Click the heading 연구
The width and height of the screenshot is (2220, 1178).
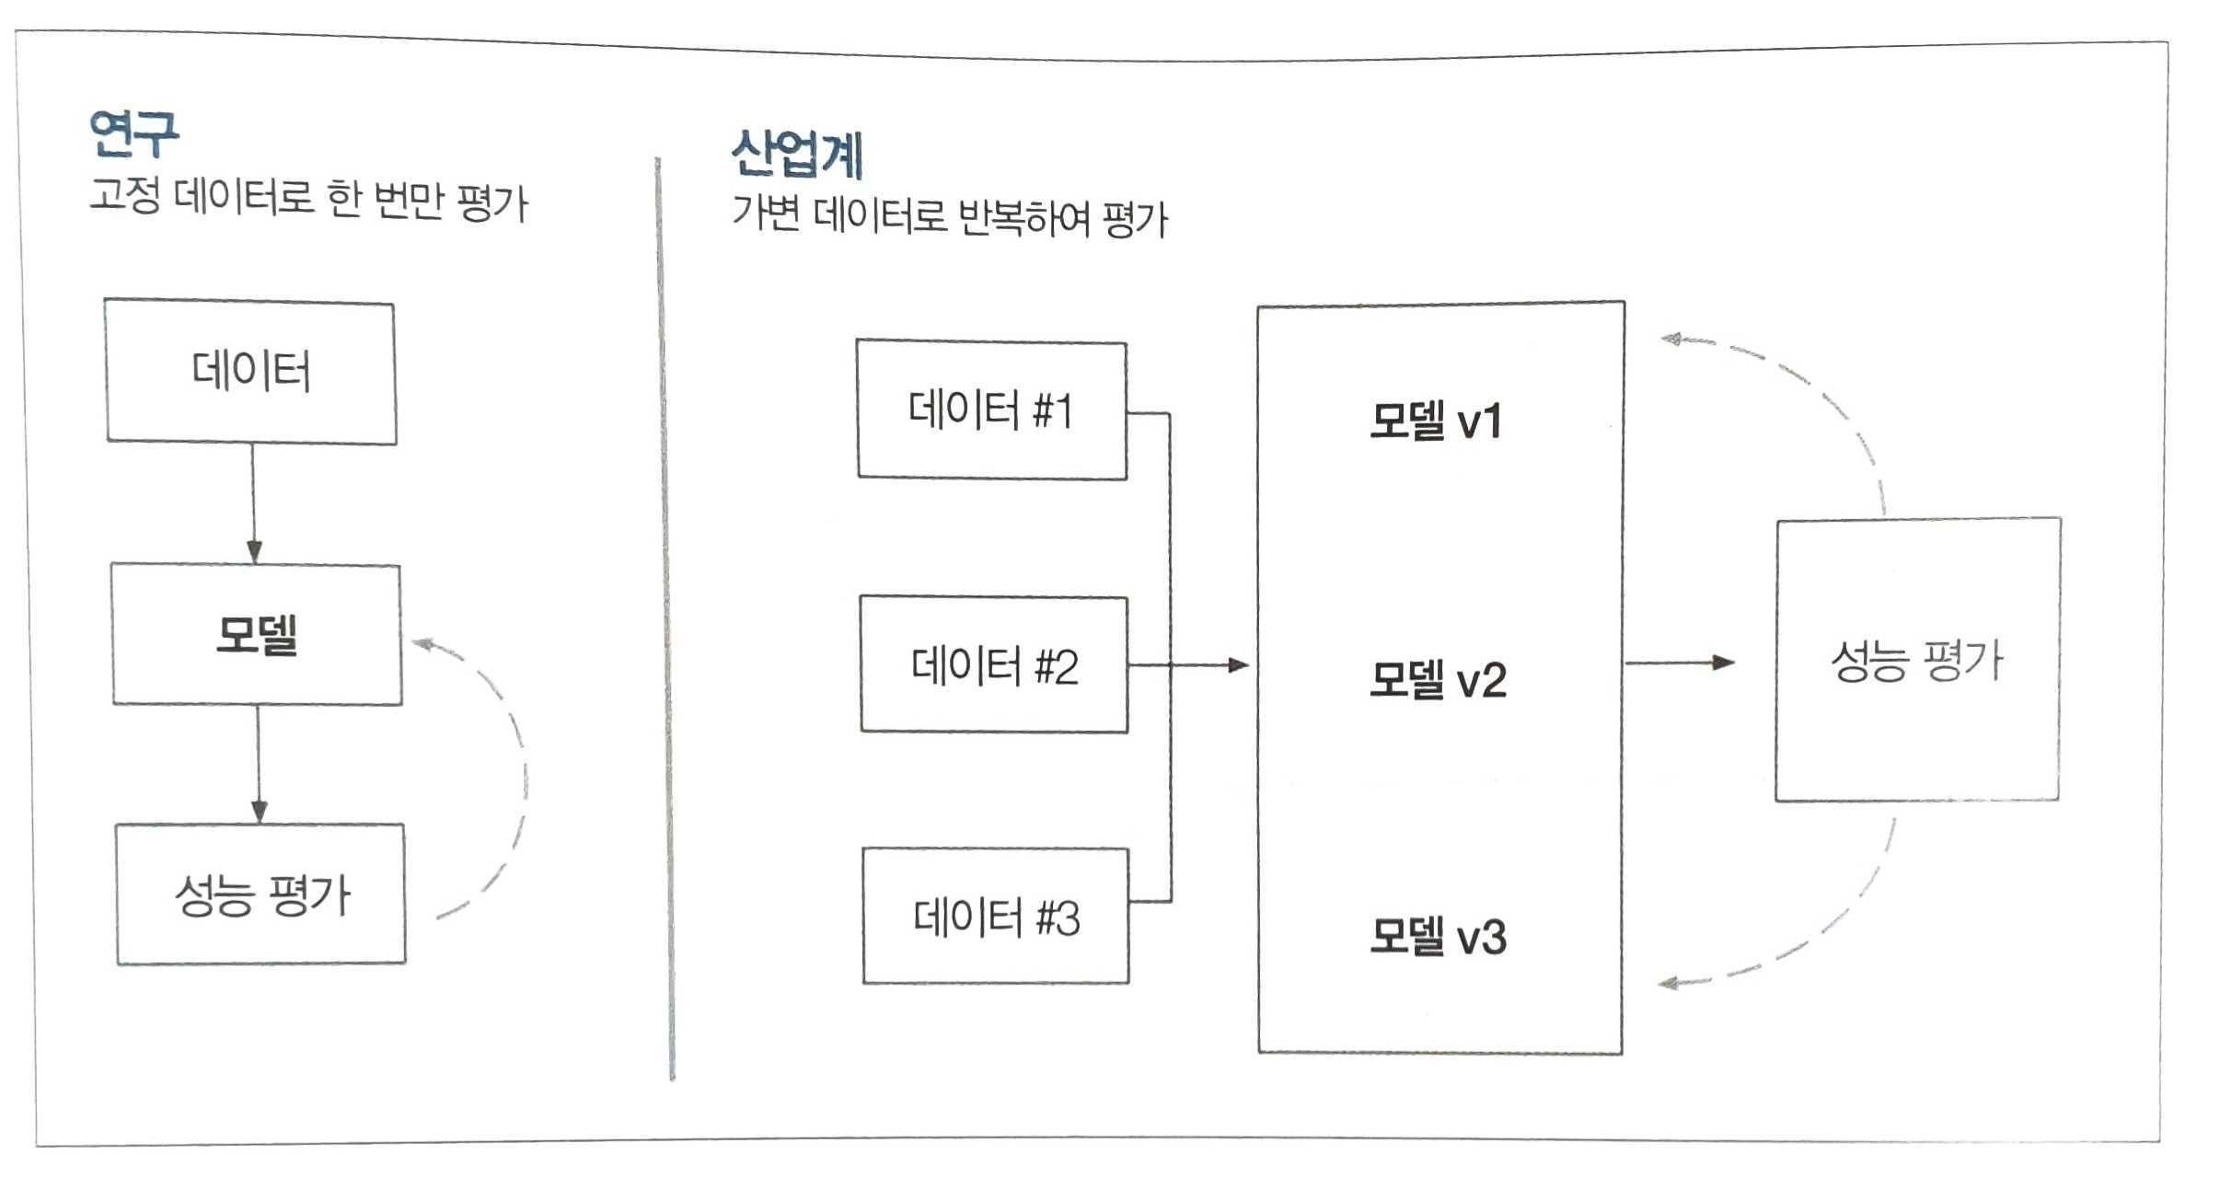(134, 134)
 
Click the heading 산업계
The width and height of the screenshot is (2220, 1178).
(797, 154)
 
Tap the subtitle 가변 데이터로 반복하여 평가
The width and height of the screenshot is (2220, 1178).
(949, 218)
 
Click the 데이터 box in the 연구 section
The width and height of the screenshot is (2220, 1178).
(251, 372)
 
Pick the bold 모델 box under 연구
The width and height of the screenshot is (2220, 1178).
(257, 635)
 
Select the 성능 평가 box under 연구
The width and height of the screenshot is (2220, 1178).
(261, 895)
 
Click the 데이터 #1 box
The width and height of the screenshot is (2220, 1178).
(991, 410)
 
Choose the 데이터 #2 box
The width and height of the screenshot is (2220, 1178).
(994, 665)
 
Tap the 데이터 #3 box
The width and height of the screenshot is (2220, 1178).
(996, 917)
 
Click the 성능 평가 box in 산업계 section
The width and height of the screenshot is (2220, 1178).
(1917, 660)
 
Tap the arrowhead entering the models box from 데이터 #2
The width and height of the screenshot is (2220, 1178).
(1238, 664)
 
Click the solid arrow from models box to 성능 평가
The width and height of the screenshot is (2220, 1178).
(1680, 663)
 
